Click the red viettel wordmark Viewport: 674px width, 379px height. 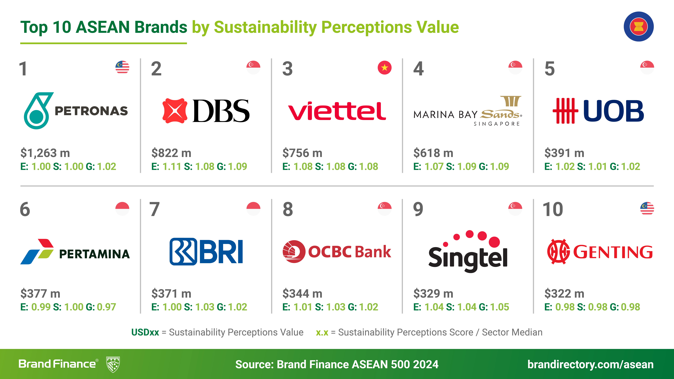click(x=337, y=111)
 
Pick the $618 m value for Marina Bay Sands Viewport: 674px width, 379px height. click(x=433, y=153)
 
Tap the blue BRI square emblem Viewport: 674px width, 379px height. click(x=183, y=251)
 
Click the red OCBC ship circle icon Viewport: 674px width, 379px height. click(x=294, y=251)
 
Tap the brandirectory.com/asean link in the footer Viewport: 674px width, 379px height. click(x=590, y=364)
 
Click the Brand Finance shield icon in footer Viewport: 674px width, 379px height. click(x=113, y=364)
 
